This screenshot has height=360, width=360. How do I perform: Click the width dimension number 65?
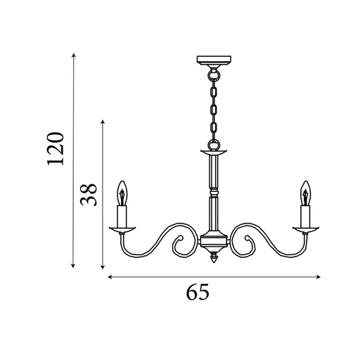[x=198, y=292]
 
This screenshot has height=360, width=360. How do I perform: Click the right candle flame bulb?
[x=305, y=191]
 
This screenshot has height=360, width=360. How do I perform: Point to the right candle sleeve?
[x=305, y=214]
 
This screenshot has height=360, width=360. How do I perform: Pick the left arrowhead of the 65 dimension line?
[x=110, y=277]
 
